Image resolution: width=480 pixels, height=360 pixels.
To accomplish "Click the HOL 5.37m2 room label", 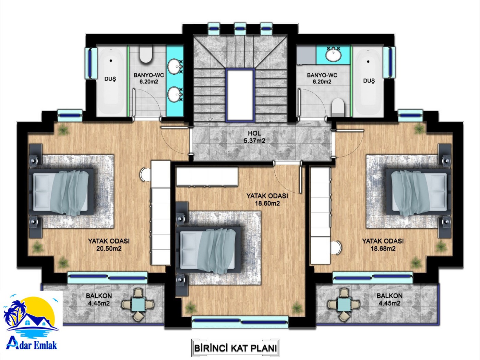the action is point(254,137).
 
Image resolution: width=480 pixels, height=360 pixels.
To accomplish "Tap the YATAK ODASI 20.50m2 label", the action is point(109,244).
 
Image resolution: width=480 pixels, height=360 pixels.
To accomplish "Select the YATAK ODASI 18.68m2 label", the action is point(383,244).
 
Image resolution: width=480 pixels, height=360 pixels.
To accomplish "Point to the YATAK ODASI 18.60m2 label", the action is point(267,199).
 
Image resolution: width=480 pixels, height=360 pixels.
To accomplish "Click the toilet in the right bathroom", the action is point(338,107).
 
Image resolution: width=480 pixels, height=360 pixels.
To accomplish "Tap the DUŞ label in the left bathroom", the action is point(110,79).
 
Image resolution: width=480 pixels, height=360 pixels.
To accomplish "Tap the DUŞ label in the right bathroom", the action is point(369,81).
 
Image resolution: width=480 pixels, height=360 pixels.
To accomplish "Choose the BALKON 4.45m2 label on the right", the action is point(389,299).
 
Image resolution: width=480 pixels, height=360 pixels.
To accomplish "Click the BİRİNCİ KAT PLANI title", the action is point(236,348).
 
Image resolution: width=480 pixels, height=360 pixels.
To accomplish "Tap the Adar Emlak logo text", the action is point(32,346).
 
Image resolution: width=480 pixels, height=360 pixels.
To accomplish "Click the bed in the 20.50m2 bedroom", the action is point(62,192).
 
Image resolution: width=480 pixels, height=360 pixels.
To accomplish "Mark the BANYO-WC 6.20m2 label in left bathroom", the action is point(149,78).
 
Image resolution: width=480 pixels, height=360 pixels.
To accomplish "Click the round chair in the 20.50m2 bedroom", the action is point(145,174).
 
